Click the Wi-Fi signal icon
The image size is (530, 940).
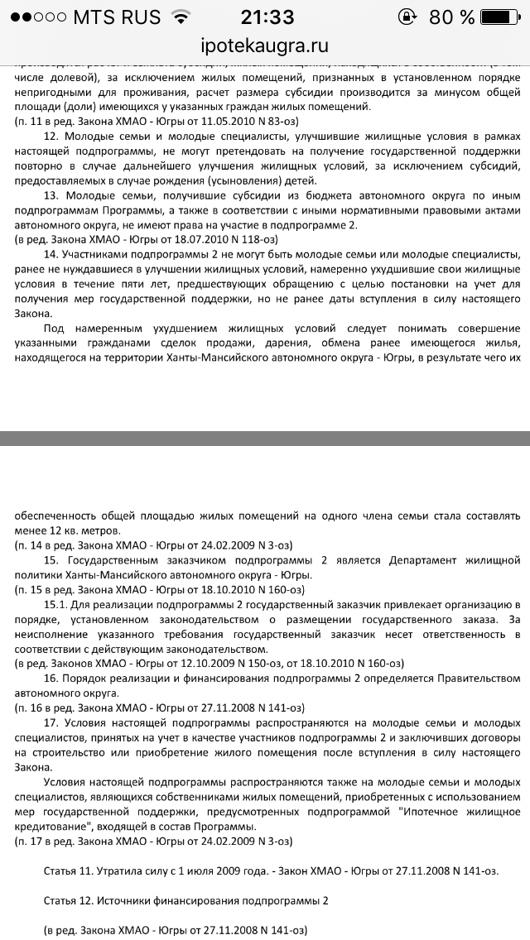(x=179, y=17)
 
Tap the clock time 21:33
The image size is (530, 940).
(x=266, y=17)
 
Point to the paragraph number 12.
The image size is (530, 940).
(x=50, y=136)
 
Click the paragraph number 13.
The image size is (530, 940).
(x=50, y=194)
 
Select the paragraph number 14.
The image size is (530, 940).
(x=50, y=253)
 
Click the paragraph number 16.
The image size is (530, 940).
(x=50, y=679)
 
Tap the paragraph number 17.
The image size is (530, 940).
(x=50, y=722)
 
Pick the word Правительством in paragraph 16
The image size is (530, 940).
(x=472, y=679)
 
